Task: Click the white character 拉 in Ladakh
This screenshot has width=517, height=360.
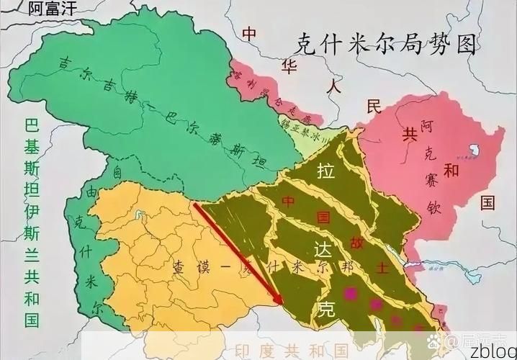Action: (x=324, y=171)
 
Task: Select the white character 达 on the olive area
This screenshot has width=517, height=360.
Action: (x=323, y=248)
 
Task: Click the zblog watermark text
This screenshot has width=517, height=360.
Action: (x=493, y=351)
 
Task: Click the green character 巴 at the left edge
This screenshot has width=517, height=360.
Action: (x=30, y=125)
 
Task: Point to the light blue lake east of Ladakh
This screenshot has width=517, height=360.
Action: (x=433, y=268)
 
